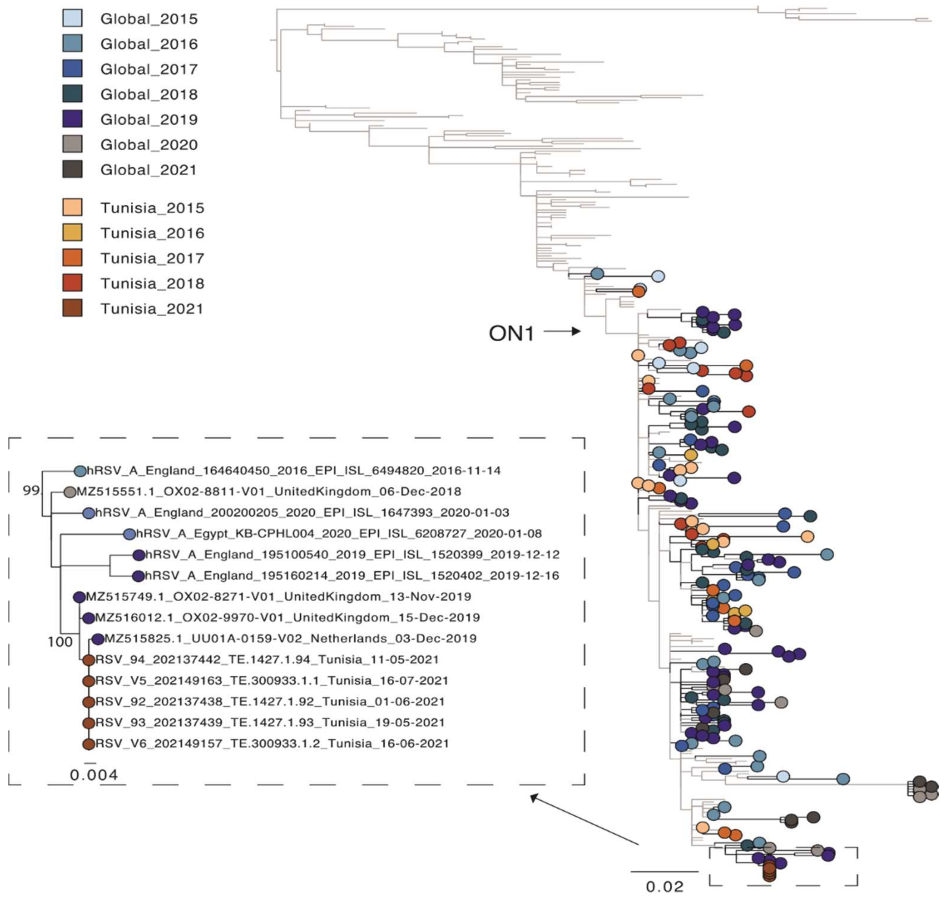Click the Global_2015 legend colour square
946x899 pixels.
coord(72,18)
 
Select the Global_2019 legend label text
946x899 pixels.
coord(149,119)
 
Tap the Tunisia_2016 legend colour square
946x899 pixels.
coord(72,232)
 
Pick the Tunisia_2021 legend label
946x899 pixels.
coord(152,309)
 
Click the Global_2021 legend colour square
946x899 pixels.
coord(72,169)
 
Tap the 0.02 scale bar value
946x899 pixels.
coord(665,886)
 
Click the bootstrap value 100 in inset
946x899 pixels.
coord(60,642)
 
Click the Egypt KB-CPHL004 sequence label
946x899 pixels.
coord(339,533)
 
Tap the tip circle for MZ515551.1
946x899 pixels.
coord(70,492)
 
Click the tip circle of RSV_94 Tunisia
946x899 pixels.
coord(88,660)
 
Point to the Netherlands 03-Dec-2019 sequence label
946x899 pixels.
coord(290,638)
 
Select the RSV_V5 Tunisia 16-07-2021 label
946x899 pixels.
coord(271,680)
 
